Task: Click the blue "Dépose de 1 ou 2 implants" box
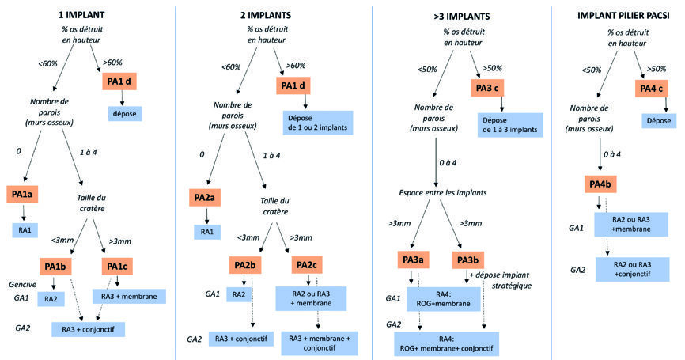coord(314,124)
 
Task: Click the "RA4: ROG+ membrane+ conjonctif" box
coord(447,343)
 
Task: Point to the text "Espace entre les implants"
coord(436,193)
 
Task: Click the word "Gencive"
coord(23,283)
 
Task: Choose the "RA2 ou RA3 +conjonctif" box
coord(632,269)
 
